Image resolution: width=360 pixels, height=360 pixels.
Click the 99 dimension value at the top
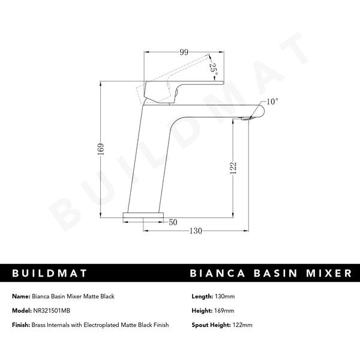coord(184,53)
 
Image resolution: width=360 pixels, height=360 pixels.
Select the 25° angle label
coord(212,68)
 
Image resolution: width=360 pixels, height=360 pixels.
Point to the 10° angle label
coord(272,101)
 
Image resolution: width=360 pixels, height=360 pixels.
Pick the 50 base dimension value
coord(173,223)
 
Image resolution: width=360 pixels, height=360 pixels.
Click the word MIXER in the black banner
coord(326,273)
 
